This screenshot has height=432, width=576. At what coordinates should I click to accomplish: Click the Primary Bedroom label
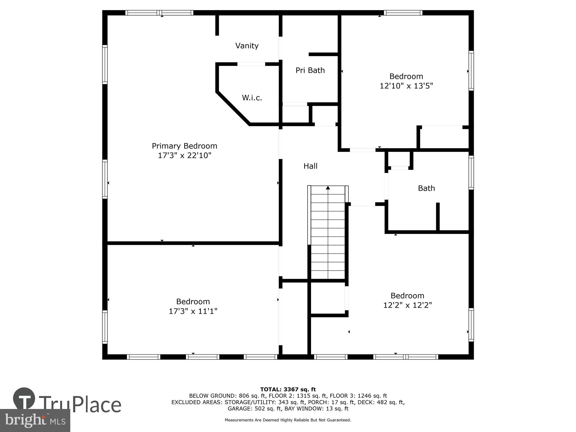point(184,146)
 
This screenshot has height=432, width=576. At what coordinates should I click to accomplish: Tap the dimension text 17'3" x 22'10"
point(184,156)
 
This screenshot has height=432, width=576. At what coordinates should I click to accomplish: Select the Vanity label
point(247,46)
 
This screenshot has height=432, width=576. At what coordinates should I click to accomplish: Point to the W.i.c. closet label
point(252,98)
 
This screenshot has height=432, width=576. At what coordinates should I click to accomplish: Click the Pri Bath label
point(310,70)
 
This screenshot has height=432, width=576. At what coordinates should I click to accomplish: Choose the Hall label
point(310,166)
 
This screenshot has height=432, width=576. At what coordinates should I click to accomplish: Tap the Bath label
point(426,188)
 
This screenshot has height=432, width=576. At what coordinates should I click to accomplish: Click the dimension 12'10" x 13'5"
point(406,86)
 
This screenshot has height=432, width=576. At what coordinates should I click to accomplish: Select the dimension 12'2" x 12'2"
point(407,305)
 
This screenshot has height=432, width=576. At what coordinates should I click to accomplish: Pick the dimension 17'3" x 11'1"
point(193,311)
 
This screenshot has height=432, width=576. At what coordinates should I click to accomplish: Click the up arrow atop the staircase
point(328,188)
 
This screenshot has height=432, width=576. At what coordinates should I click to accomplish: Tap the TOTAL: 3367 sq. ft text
point(288,390)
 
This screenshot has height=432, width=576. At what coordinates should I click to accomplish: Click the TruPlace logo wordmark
point(79,404)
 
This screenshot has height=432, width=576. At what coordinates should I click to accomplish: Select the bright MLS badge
point(35,420)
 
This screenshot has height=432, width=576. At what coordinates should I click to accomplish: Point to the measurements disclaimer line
point(288,420)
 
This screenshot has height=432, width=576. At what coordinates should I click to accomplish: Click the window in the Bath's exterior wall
point(471,173)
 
